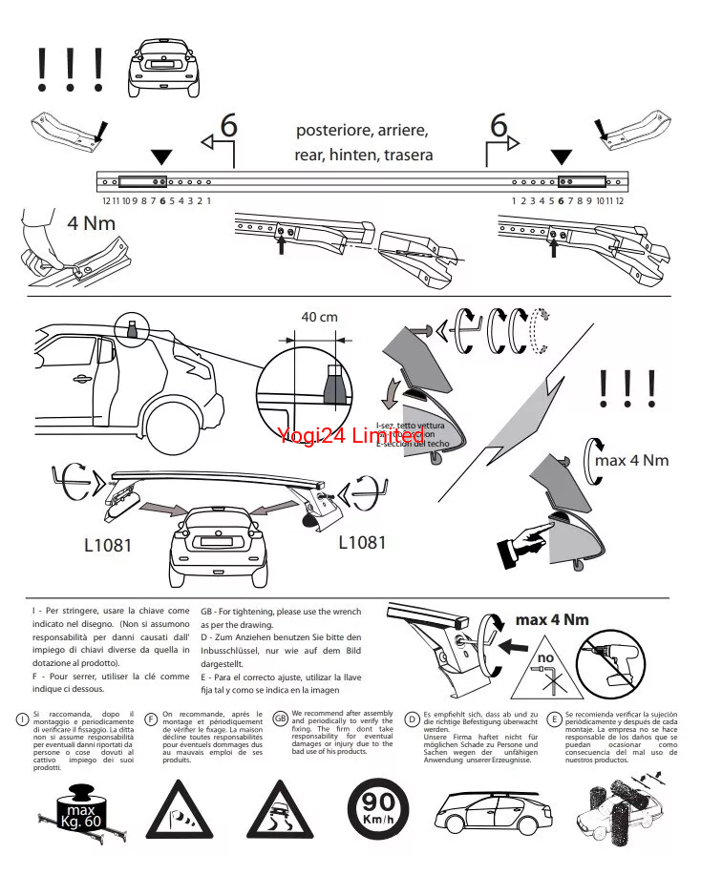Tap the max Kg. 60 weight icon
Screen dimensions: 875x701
pos(81,802)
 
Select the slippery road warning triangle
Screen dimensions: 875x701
pos(281,811)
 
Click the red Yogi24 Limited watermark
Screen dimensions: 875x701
pos(350,435)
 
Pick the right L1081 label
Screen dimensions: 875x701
pos(363,542)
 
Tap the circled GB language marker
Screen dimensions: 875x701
pos(280,719)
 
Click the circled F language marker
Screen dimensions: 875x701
pos(151,719)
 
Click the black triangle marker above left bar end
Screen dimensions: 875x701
pos(161,156)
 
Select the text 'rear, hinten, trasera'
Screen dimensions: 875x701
pos(363,155)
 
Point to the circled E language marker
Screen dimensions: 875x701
pos(554,719)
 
